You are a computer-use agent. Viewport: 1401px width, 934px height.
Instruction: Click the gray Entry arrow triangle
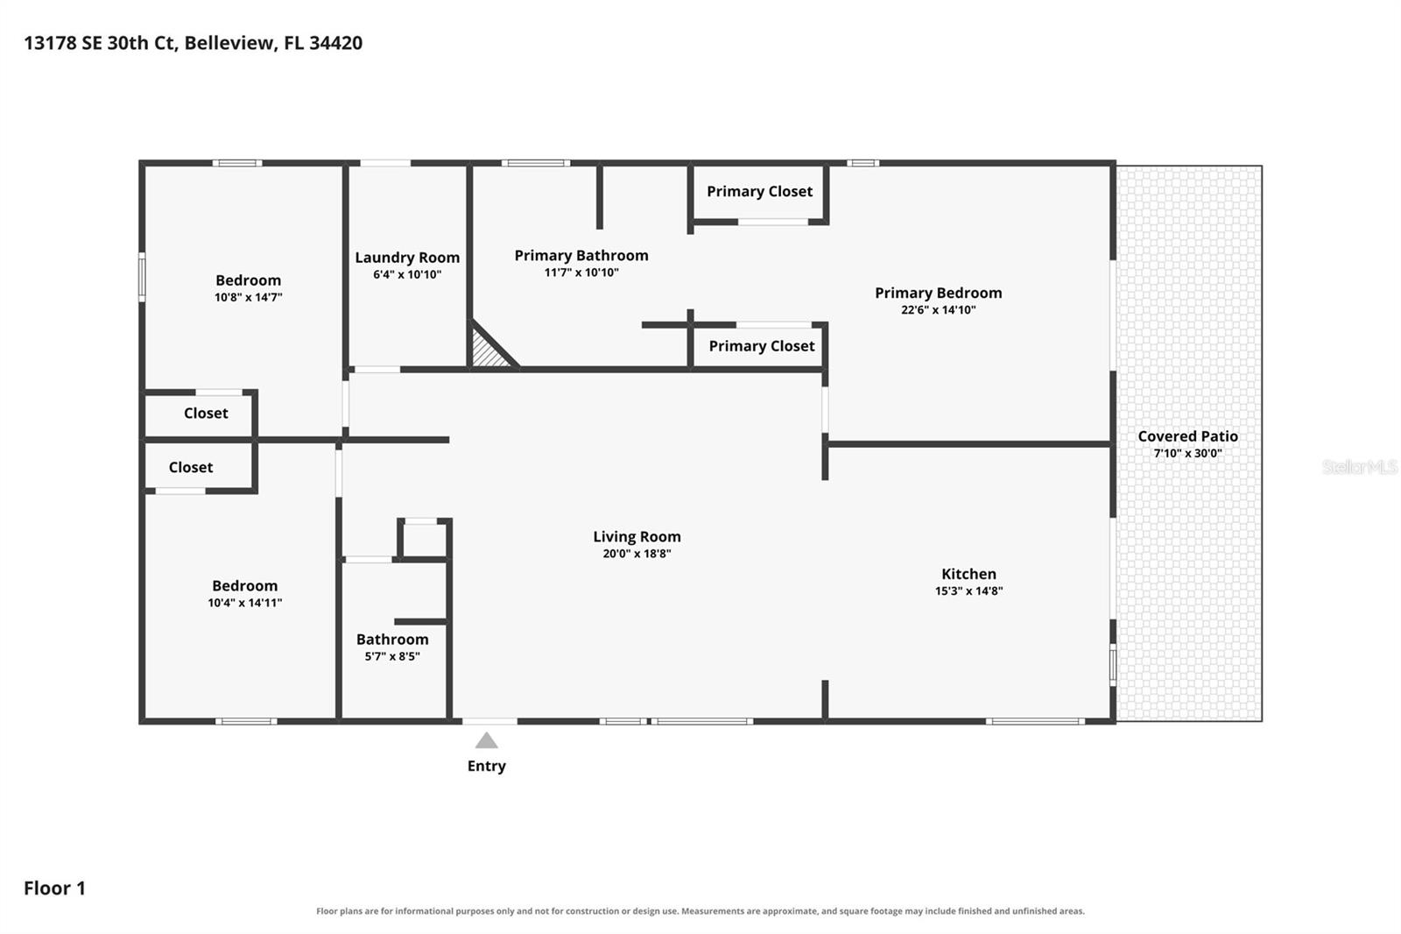click(x=487, y=741)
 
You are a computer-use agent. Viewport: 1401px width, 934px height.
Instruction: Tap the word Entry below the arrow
click(x=487, y=767)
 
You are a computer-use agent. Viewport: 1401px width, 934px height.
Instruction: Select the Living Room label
click(x=637, y=536)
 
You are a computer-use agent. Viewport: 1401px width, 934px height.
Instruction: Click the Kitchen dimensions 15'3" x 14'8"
click(x=968, y=591)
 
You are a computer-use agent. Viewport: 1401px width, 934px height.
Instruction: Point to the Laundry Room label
click(x=407, y=258)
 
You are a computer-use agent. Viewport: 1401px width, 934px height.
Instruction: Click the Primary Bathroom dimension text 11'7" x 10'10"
click(x=581, y=272)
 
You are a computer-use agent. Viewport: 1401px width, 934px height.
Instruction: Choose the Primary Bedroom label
click(x=938, y=293)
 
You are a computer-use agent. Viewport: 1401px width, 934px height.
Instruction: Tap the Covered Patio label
click(x=1187, y=436)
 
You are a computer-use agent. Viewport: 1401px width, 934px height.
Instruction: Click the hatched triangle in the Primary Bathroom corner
click(x=489, y=350)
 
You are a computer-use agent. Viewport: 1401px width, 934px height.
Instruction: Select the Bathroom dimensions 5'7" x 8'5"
click(x=392, y=656)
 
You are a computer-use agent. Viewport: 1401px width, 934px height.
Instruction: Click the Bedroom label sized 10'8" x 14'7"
click(x=249, y=280)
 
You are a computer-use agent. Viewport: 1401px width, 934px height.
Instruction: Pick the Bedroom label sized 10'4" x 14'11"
click(x=244, y=586)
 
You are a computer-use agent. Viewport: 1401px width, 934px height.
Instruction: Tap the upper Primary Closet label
click(x=759, y=192)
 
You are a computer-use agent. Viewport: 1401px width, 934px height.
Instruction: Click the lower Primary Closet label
click(x=761, y=346)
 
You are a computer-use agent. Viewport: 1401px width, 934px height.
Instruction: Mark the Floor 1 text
click(x=54, y=888)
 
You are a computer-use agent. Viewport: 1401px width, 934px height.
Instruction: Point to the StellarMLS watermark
click(x=1360, y=467)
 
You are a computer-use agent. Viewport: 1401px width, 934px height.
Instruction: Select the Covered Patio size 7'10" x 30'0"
click(x=1187, y=453)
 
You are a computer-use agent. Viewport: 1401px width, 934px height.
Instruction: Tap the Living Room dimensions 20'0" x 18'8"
click(x=637, y=554)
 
